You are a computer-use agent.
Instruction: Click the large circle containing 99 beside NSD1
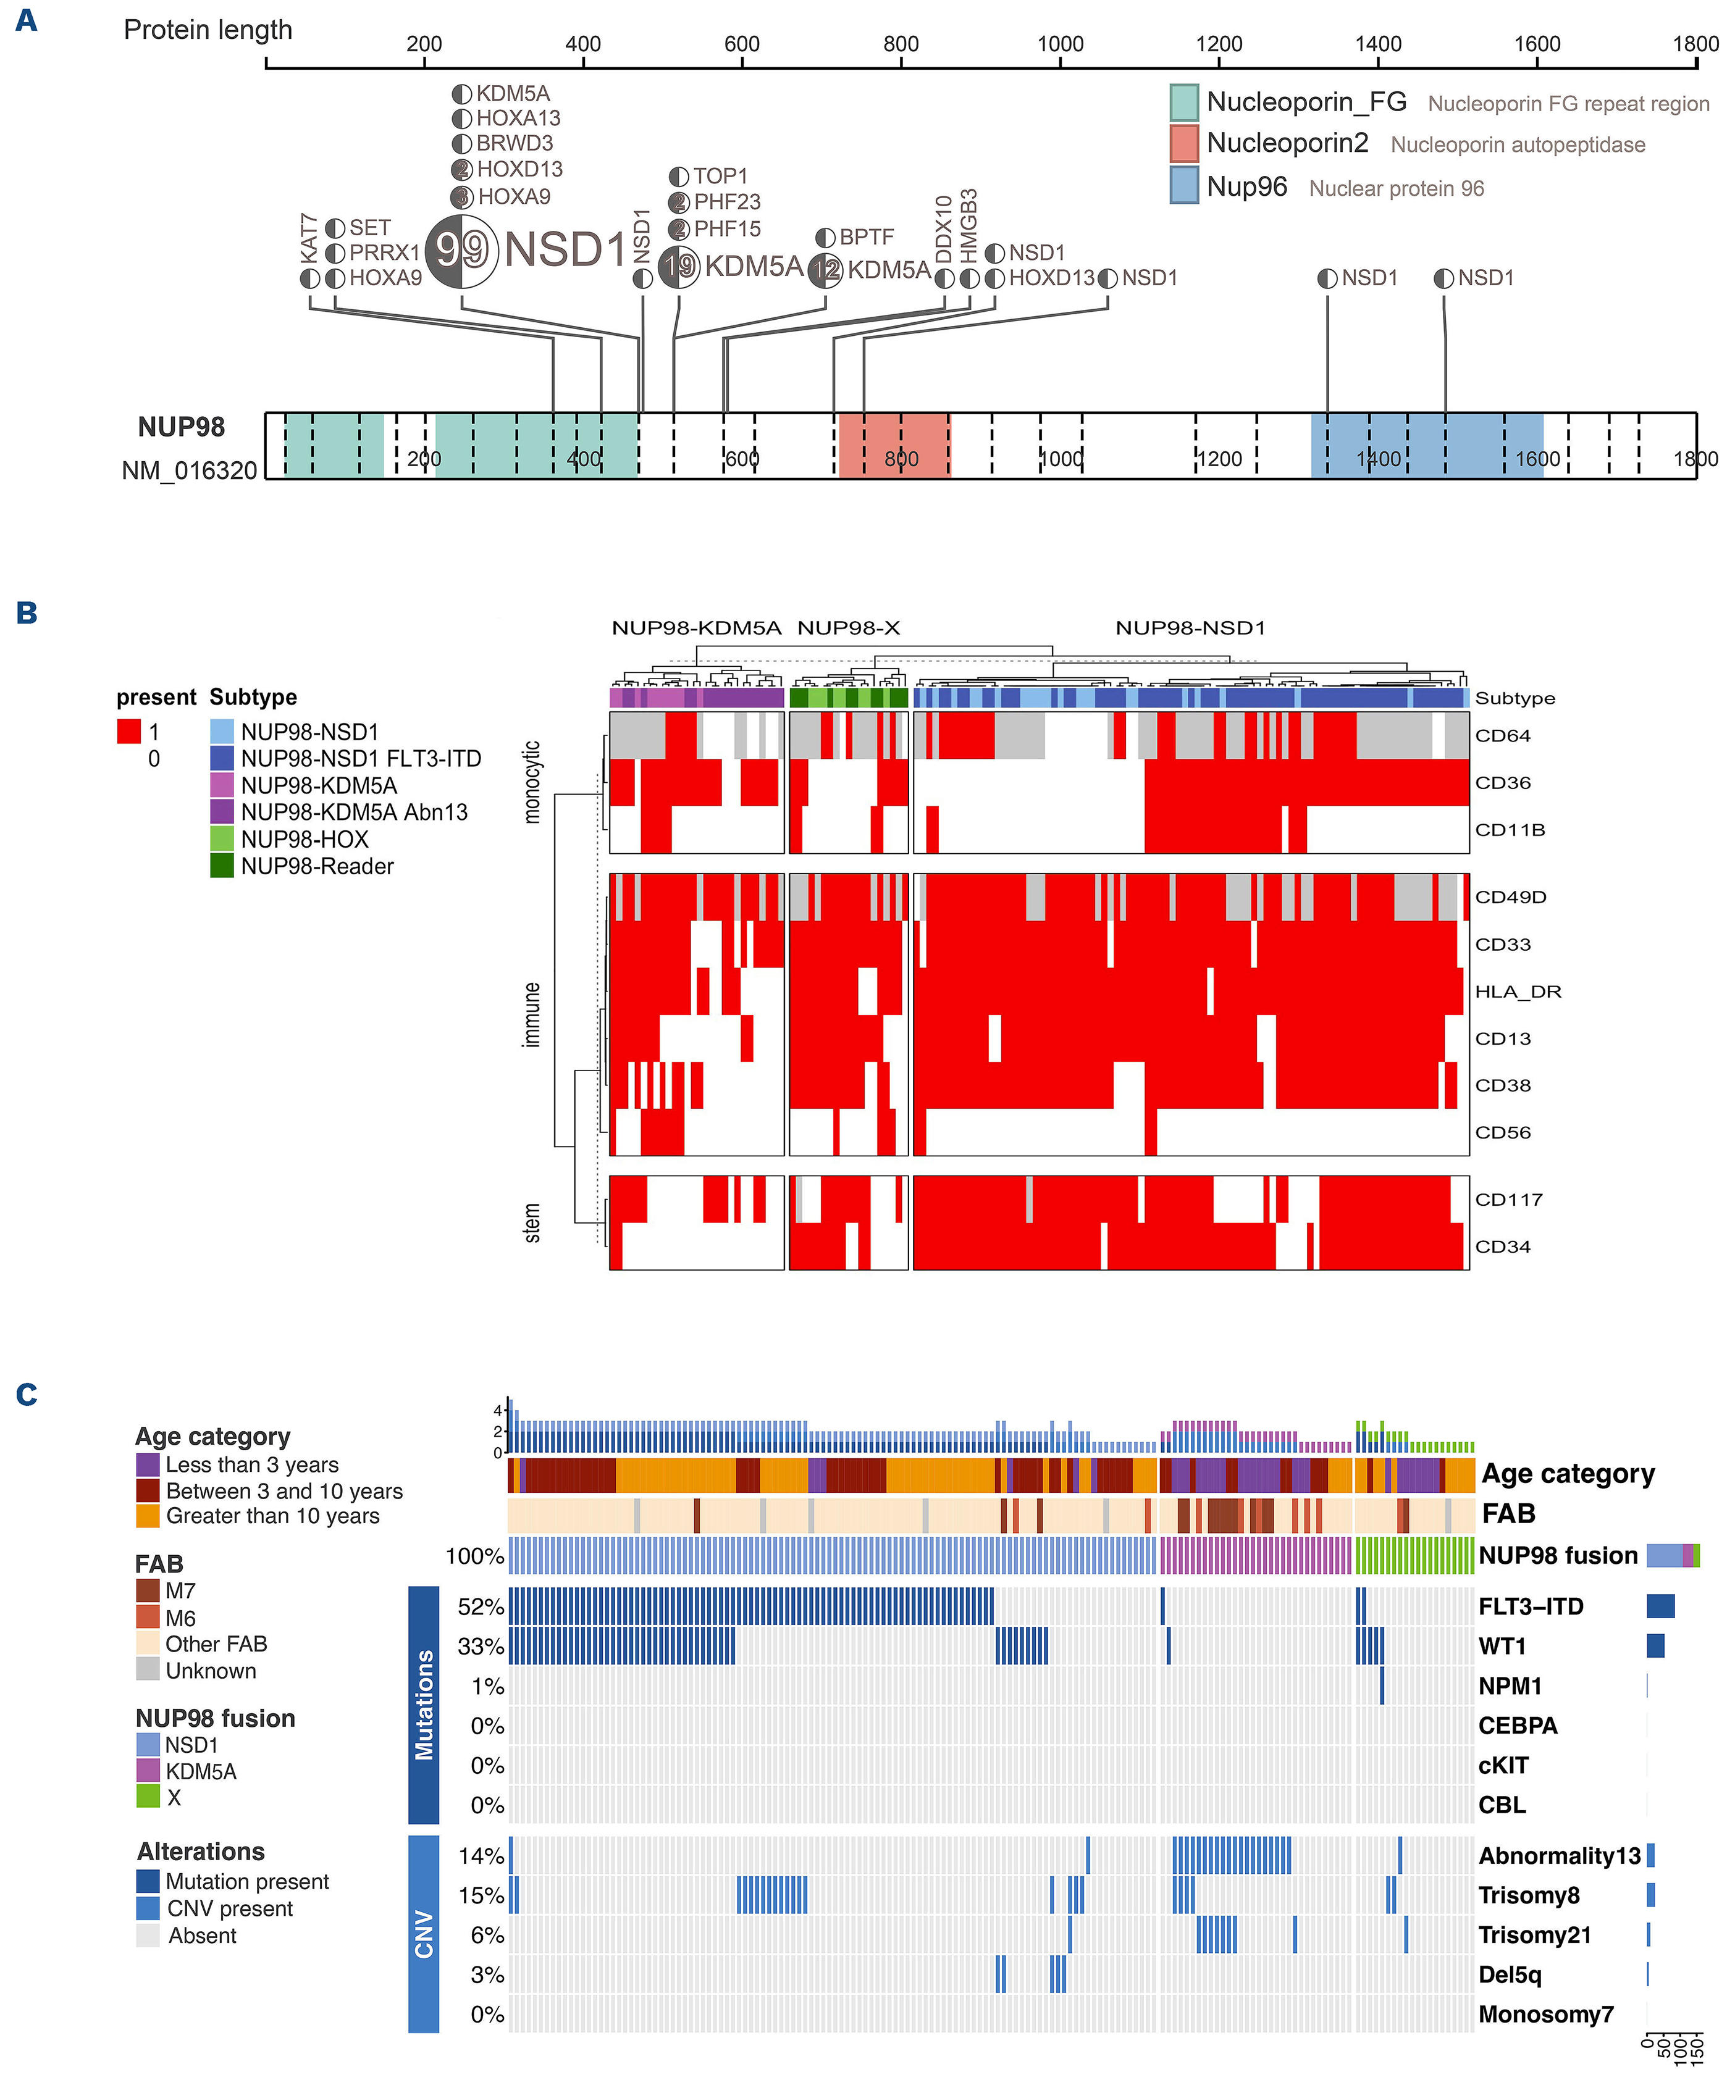coord(461,249)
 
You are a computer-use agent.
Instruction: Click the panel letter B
coord(27,613)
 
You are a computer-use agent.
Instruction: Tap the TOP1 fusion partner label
coord(720,177)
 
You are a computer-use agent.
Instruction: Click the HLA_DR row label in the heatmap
coord(1517,992)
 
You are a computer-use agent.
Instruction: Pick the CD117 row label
coord(1508,1200)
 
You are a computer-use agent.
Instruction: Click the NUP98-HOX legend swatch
coord(222,839)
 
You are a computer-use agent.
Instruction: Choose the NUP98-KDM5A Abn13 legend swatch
coord(222,812)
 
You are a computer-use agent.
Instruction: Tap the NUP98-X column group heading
coord(848,628)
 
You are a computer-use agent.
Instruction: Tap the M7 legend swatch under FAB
coord(148,1590)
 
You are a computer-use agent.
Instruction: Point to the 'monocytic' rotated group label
coord(532,782)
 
